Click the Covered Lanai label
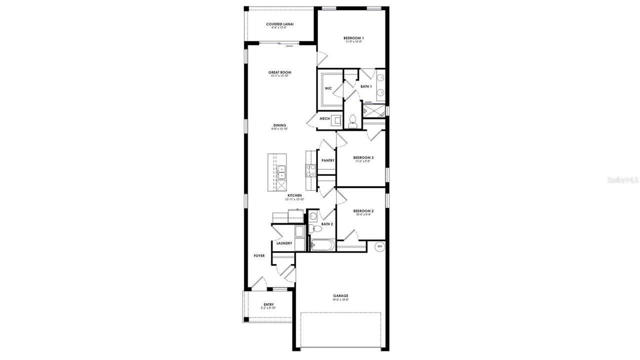279,24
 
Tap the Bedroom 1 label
353,38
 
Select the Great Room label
279,72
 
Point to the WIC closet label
328,88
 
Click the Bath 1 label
366,86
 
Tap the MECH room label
324,118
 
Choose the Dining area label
279,125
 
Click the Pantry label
328,160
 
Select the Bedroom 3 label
364,157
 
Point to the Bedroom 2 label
363,211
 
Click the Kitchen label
294,195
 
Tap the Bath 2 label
327,224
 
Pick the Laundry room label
284,243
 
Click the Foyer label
259,255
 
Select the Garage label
341,295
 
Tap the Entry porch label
268,304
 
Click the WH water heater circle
379,246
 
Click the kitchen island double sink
281,172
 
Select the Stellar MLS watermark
622,179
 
